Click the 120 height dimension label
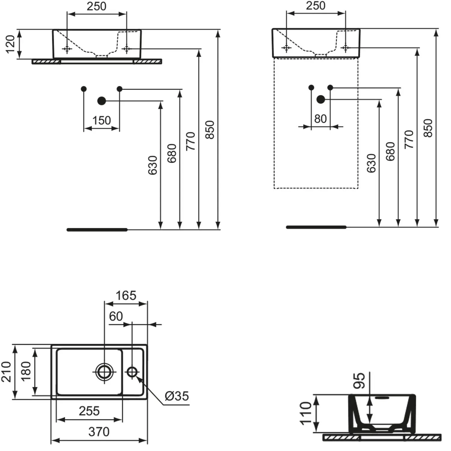(10, 44)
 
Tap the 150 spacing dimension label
(102, 121)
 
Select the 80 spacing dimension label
(321, 119)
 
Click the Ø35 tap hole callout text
(177, 396)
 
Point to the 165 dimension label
(126, 296)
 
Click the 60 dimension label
(116, 316)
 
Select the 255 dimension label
(89, 411)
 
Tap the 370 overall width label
(99, 432)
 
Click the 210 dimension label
(6, 372)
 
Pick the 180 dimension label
(26, 371)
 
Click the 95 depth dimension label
(359, 381)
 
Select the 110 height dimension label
(306, 413)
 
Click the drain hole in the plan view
(104, 372)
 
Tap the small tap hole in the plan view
(132, 372)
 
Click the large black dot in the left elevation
(102, 101)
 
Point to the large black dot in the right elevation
(321, 99)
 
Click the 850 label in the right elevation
(428, 128)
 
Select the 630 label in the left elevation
(153, 165)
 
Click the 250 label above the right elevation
(316, 6)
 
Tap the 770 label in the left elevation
(191, 141)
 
